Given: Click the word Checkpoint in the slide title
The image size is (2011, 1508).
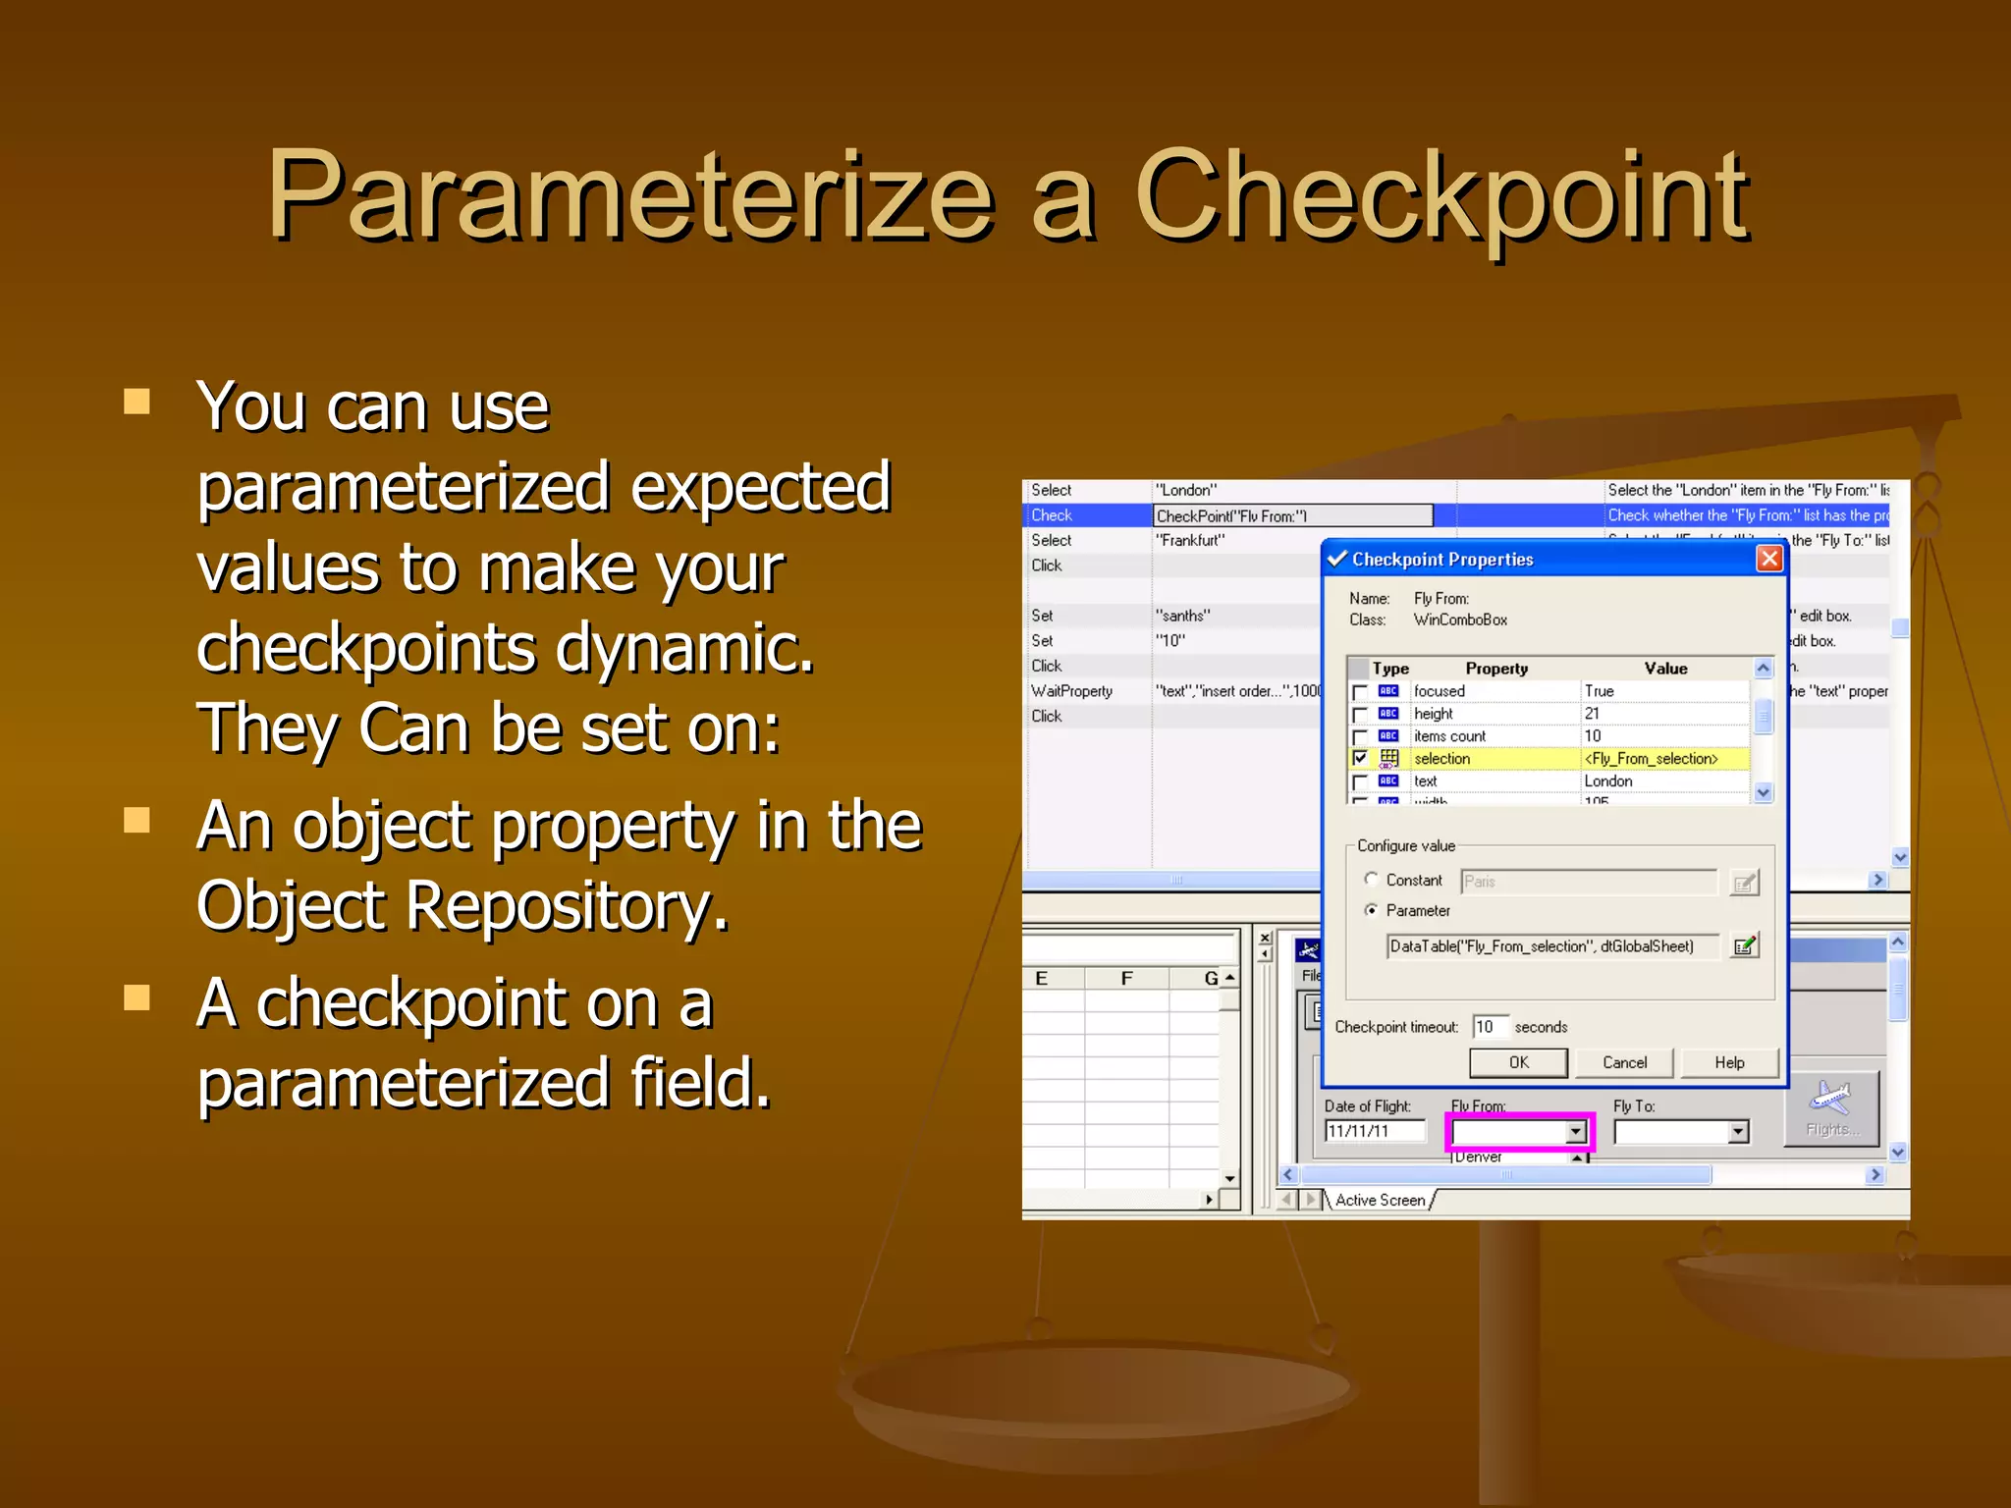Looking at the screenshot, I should point(1441,196).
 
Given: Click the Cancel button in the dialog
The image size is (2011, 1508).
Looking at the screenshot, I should point(1624,1062).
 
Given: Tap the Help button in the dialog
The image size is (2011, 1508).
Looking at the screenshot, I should point(1729,1062).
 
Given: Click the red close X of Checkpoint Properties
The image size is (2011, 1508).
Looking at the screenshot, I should point(1769,559).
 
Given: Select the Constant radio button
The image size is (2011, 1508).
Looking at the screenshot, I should point(1371,880).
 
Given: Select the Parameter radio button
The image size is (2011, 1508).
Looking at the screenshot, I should point(1371,910).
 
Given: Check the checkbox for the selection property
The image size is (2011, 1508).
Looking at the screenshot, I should point(1360,759).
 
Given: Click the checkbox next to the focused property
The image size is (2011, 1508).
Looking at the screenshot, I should point(1360,692).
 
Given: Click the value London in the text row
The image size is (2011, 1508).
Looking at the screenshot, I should point(1608,781).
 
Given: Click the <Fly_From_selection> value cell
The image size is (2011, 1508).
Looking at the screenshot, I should point(1652,759).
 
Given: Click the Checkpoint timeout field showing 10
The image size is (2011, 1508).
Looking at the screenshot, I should point(1490,1027).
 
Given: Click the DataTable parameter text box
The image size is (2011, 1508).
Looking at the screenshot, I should point(1551,946).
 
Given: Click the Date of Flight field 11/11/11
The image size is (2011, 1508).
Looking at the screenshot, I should point(1373,1131).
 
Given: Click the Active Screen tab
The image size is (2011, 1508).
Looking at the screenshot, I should point(1380,1200).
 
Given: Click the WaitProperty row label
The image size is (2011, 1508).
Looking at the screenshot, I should point(1071,691).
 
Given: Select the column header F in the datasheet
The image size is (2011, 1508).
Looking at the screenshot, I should point(1126,978).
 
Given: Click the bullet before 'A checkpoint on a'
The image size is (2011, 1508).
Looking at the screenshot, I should point(136,998).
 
